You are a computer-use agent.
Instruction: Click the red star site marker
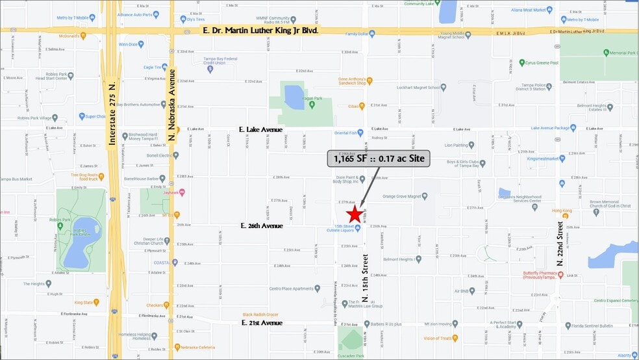point(354,215)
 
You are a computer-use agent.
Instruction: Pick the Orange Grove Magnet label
point(405,196)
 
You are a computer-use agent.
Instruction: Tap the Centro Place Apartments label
point(292,288)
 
